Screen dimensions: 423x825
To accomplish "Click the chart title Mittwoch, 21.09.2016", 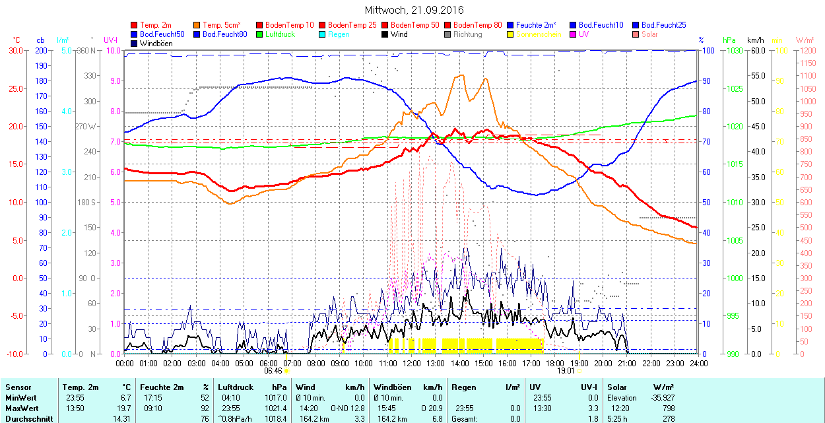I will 414,10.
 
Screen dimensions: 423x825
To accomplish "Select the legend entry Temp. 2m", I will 156,25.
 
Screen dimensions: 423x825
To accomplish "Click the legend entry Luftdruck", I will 280,34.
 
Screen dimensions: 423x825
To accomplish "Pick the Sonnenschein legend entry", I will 539,34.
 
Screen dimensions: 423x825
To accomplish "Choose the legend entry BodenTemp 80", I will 478,25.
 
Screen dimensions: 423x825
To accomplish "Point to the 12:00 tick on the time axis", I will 412,363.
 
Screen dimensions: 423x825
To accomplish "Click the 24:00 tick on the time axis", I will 699,363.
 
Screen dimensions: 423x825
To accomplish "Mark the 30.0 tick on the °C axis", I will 14,50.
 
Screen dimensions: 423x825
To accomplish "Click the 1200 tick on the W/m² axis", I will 807,50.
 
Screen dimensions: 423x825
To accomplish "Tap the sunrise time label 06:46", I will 273,371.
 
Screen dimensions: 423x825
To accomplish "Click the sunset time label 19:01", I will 566,371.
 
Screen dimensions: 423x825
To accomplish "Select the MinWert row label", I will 20,398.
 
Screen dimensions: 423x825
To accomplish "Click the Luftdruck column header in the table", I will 236,387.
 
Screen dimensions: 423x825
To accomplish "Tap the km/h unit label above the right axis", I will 756,40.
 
